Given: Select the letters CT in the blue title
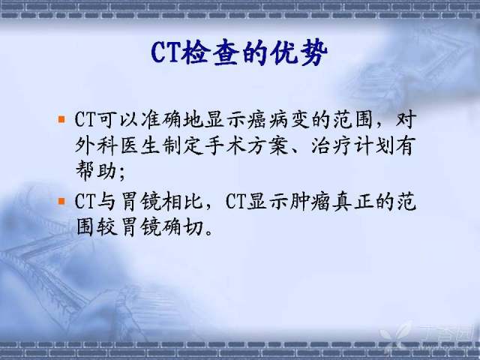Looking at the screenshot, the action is coord(166,52).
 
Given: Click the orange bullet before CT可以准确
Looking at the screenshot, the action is coord(61,118).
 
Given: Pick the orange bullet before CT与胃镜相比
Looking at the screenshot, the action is coord(61,201).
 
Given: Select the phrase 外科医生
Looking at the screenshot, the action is coord(118,145).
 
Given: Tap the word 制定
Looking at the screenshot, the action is coord(182,145).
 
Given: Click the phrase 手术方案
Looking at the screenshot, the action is coord(247,145).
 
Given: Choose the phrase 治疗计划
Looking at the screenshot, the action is coord(353,145).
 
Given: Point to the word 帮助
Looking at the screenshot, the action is coord(96,170).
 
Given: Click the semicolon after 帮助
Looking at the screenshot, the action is coord(122,173).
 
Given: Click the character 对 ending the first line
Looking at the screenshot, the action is coord(406,118).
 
